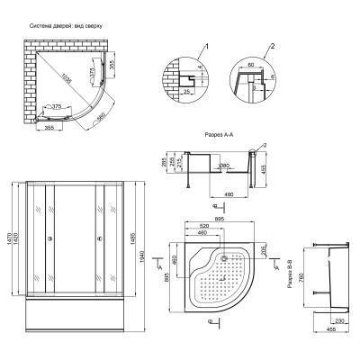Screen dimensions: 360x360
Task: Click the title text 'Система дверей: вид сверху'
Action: click(68, 26)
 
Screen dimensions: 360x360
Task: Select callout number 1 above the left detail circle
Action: click(205, 45)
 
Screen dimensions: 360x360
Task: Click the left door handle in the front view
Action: click(49, 239)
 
